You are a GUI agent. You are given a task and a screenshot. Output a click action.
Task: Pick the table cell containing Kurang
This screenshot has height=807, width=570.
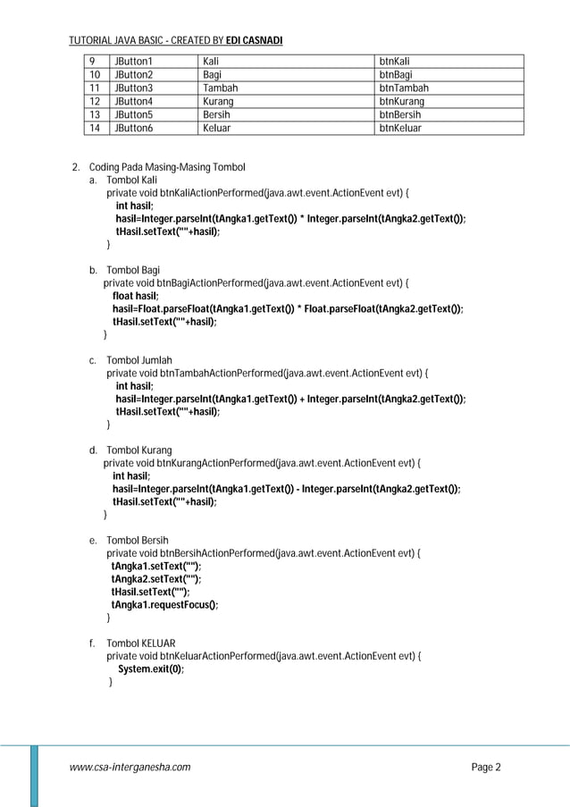219,102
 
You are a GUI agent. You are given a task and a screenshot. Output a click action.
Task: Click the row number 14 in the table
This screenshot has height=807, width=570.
92,128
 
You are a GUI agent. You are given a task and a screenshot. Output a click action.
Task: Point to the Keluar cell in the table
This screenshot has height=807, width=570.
217,128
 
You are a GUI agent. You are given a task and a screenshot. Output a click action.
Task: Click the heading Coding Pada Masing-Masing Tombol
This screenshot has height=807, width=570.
167,167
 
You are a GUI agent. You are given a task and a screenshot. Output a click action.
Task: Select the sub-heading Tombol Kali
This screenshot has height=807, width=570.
131,180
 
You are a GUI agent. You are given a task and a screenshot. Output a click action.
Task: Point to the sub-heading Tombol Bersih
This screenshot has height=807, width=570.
137,541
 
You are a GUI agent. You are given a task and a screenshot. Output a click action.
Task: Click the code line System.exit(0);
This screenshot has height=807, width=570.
152,668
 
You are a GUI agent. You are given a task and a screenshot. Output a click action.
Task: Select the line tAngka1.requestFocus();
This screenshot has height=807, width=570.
164,604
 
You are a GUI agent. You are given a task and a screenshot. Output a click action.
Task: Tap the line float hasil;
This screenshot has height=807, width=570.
136,296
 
